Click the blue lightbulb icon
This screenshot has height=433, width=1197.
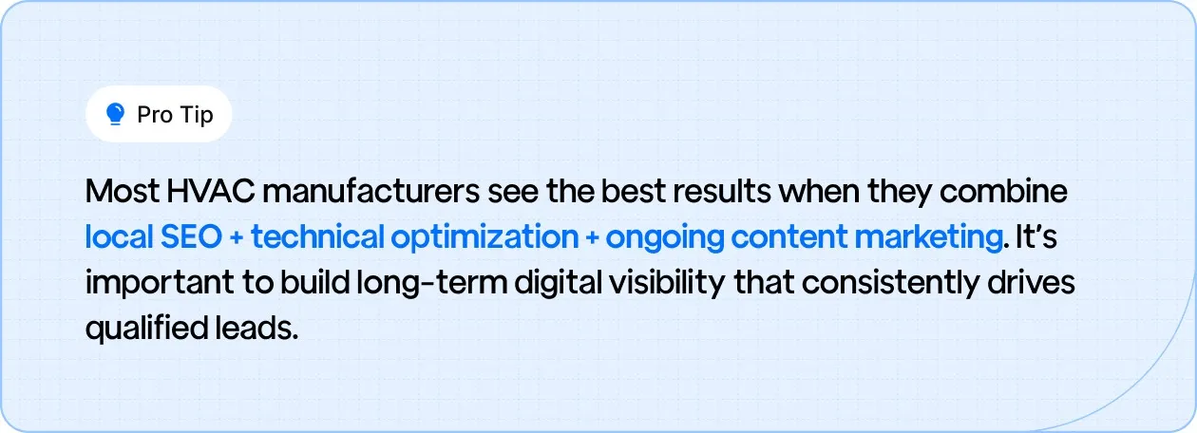pos(116,115)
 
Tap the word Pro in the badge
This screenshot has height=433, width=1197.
pos(153,115)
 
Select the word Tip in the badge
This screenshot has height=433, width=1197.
pos(195,115)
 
